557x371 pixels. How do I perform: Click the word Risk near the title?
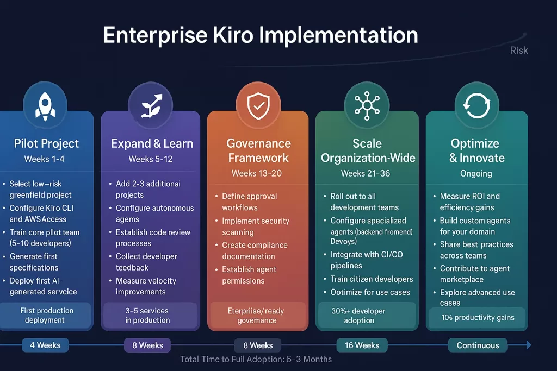click(519, 51)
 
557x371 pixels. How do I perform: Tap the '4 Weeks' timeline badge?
click(45, 345)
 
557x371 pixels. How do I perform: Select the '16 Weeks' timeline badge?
click(362, 345)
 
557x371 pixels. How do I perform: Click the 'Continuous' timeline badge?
click(478, 345)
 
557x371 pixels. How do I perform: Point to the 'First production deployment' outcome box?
click(46, 315)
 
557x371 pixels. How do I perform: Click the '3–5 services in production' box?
click(147, 315)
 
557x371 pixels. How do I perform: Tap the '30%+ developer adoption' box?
click(359, 315)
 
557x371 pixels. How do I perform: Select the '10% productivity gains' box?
click(478, 317)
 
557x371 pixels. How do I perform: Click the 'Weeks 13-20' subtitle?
click(256, 173)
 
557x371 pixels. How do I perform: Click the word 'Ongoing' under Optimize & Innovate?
click(476, 173)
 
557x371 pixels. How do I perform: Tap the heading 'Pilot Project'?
click(46, 143)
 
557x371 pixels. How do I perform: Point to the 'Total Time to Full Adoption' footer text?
click(256, 359)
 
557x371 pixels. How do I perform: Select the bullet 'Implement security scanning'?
click(255, 227)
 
